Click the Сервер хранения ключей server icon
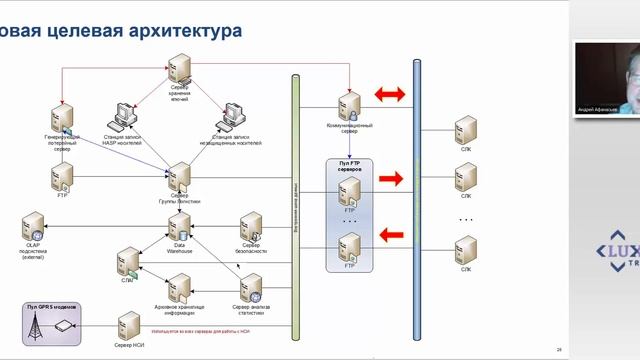180,71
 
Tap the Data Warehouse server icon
180,224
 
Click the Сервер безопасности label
251,246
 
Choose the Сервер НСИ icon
128,324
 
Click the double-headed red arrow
390,95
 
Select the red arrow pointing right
391,180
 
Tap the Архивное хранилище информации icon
180,286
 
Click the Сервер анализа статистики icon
251,286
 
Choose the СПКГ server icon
128,261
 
